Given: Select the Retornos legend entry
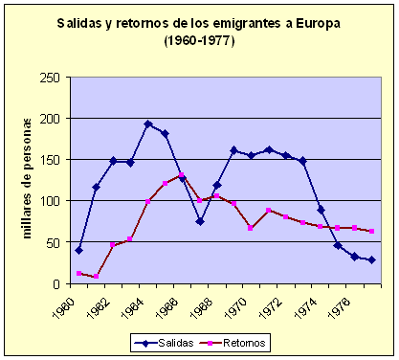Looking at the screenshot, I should point(234,340).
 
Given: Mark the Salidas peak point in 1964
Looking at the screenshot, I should point(148,124).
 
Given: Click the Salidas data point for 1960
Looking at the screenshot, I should point(78,250).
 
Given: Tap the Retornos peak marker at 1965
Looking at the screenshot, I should point(183,175).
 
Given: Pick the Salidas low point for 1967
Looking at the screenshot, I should point(200,221).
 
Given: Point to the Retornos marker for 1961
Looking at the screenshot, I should point(96,277).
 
